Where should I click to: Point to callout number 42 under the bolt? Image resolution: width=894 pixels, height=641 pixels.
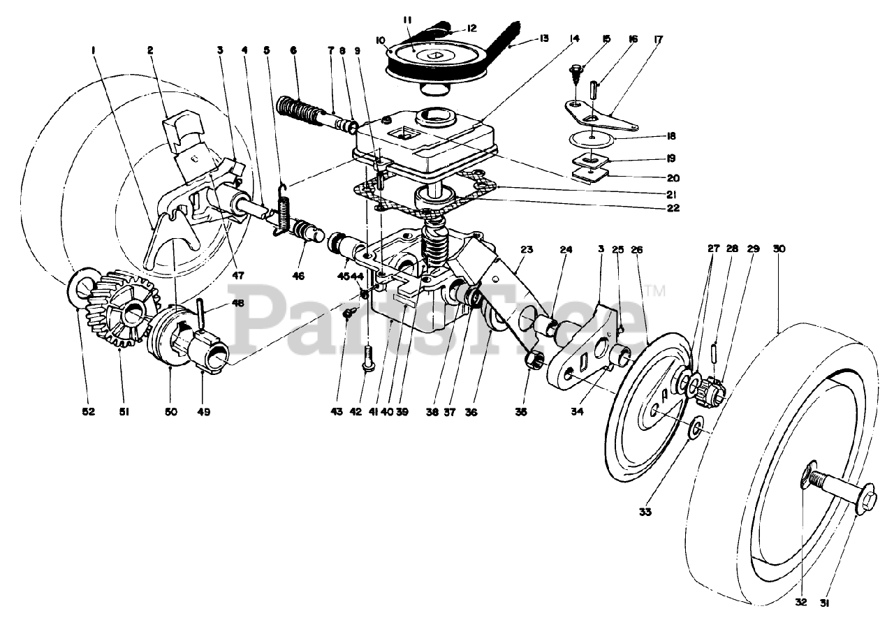356,412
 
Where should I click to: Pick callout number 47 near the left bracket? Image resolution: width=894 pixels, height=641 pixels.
238,275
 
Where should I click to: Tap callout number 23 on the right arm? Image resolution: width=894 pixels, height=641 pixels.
526,249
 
